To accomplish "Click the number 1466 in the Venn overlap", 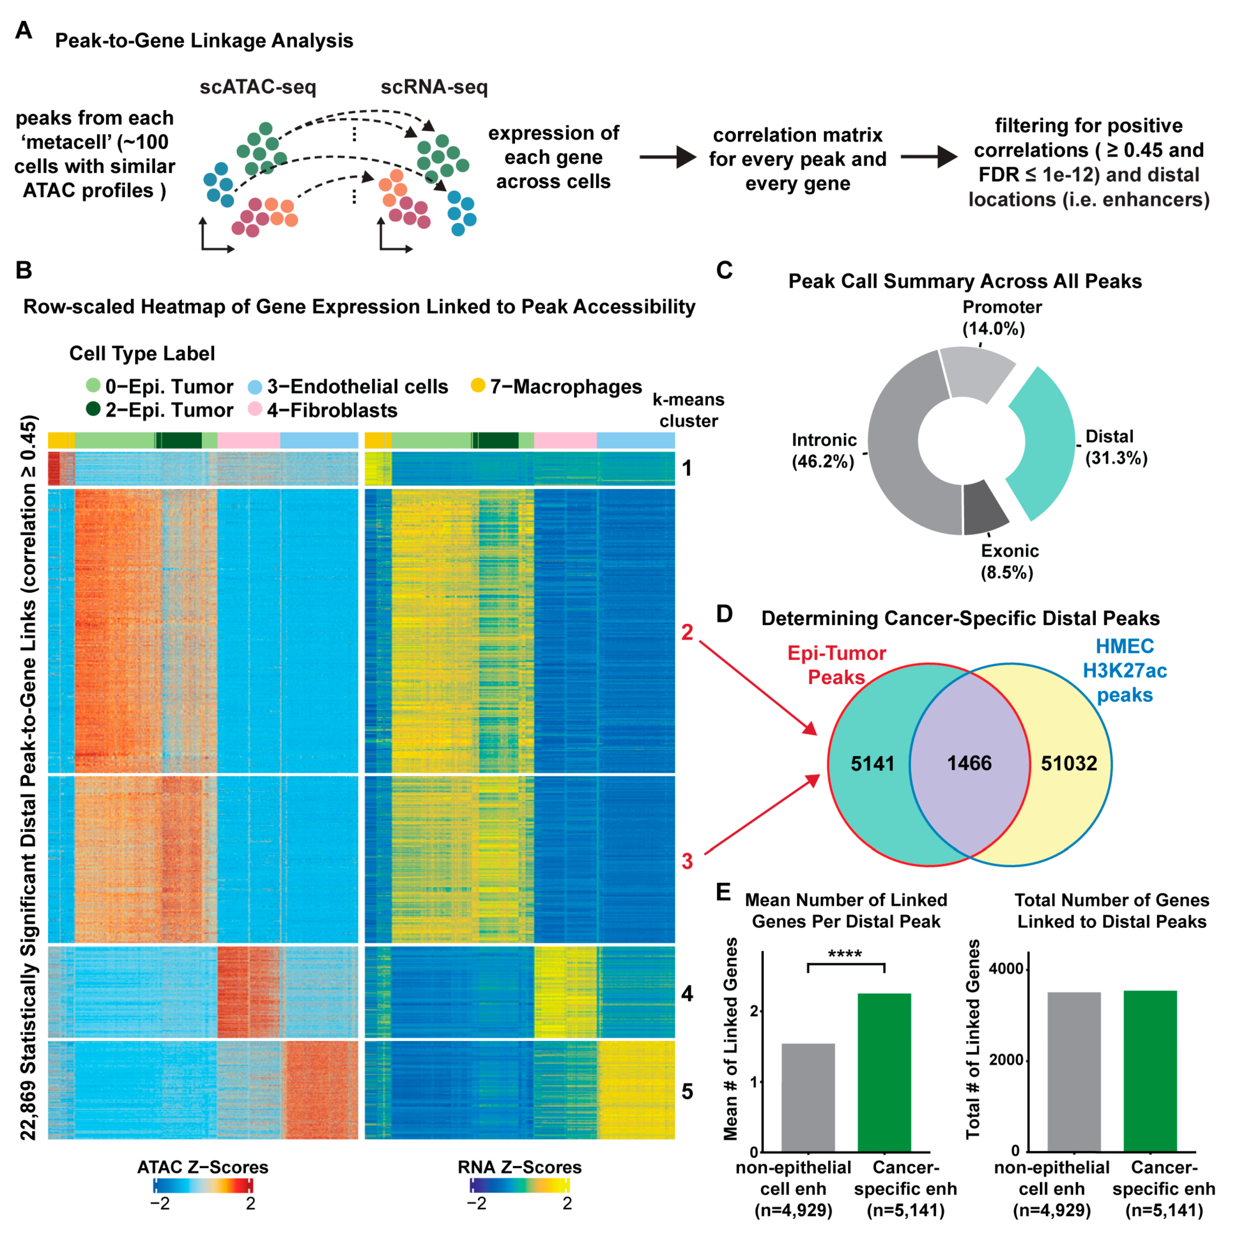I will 969,763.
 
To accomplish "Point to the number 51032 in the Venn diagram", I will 1068,763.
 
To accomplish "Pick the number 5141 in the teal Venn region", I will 872,763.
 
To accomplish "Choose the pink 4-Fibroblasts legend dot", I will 255,409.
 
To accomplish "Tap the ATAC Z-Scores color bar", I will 203,1185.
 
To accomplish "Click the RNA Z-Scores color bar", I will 519,1185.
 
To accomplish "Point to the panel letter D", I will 724,614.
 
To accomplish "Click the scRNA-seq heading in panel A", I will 434,87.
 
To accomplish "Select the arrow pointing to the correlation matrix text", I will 667,157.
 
